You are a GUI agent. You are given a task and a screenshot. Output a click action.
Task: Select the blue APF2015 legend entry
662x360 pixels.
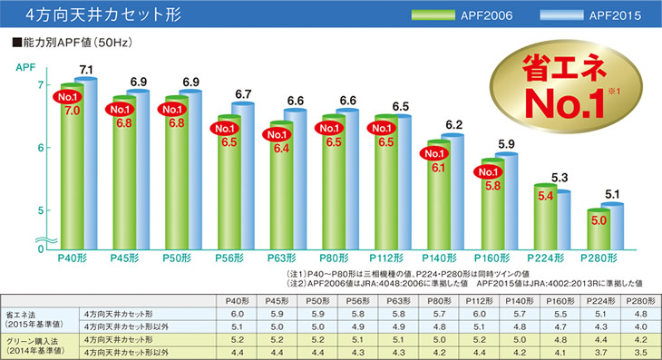click(x=574, y=15)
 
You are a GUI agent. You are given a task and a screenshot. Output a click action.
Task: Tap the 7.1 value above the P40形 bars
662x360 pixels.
click(x=87, y=70)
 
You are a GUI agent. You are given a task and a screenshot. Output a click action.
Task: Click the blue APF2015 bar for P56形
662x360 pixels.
click(x=243, y=177)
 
